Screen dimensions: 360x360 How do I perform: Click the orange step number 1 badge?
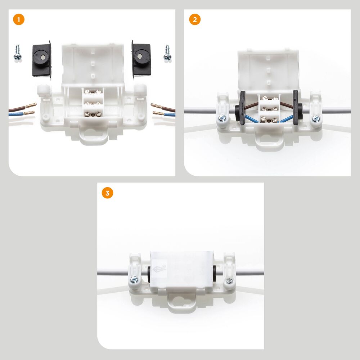pos(19,19)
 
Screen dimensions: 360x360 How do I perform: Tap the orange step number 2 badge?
pos(195,19)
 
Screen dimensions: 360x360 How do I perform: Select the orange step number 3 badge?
pos(107,193)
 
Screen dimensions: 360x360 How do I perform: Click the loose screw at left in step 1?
pos(17,53)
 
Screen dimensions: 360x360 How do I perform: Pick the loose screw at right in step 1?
pos(167,53)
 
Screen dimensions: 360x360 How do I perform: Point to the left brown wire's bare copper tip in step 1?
pos(31,105)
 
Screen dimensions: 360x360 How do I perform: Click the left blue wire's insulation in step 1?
pos(16,114)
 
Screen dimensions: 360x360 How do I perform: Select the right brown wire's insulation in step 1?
pos(168,108)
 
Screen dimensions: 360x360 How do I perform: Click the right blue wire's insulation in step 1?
pos(170,114)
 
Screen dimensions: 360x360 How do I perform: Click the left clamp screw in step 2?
pos(222,118)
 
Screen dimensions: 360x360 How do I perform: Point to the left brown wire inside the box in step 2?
pos(251,106)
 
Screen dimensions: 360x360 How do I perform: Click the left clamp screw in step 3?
pos(134,280)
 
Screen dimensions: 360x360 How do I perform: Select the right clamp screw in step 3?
pos(229,280)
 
